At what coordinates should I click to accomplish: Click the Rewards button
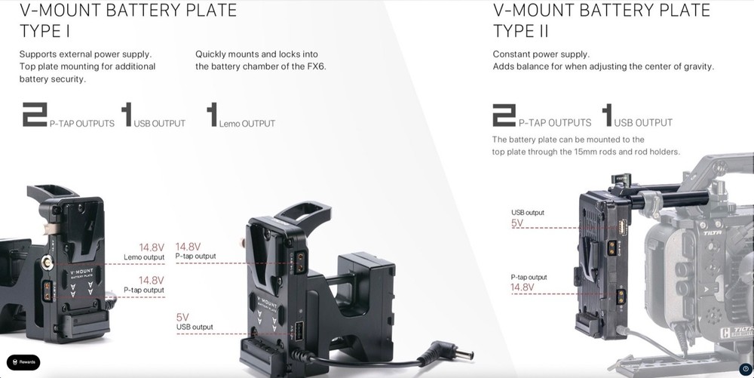[x=23, y=362]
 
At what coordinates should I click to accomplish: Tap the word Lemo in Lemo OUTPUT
[x=229, y=124]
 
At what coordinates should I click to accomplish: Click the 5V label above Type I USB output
[x=182, y=318]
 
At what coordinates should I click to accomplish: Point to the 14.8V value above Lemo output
[x=152, y=247]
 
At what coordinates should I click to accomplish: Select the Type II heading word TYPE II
[x=520, y=32]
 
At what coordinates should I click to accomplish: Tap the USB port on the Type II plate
[x=622, y=226]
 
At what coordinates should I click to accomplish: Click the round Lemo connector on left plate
[x=47, y=263]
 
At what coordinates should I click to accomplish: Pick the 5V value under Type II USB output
[x=517, y=223]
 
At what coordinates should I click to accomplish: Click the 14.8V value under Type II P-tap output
[x=523, y=287]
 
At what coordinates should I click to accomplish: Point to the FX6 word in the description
[x=317, y=66]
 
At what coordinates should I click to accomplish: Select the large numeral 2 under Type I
[x=35, y=115]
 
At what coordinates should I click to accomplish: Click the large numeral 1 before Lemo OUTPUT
[x=212, y=115]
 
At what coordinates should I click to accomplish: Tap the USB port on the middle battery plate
[x=298, y=330]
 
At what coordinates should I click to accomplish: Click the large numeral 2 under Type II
[x=504, y=115]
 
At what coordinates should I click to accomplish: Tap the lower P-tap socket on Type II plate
[x=621, y=297]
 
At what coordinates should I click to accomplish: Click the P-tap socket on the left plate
[x=48, y=291]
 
